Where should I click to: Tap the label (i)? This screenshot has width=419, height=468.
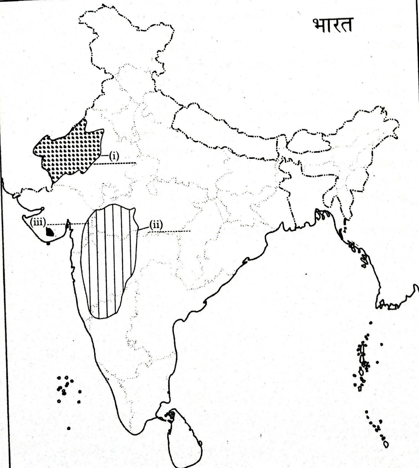114,156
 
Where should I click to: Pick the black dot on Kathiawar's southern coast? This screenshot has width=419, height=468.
49,243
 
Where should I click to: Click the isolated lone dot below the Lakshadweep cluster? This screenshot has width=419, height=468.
68,428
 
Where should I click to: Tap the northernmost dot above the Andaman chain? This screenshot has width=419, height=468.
370,323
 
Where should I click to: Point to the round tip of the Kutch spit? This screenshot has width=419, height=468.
43,209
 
